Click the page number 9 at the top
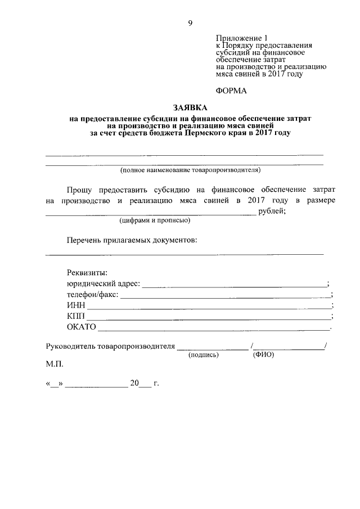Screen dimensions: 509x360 (190, 23)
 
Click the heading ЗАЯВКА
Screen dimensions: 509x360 (190, 108)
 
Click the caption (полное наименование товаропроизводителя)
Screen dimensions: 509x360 (191, 170)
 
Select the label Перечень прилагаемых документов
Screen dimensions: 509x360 (132, 240)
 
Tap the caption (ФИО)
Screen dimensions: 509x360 (263, 355)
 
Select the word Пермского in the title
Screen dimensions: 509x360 (205, 134)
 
